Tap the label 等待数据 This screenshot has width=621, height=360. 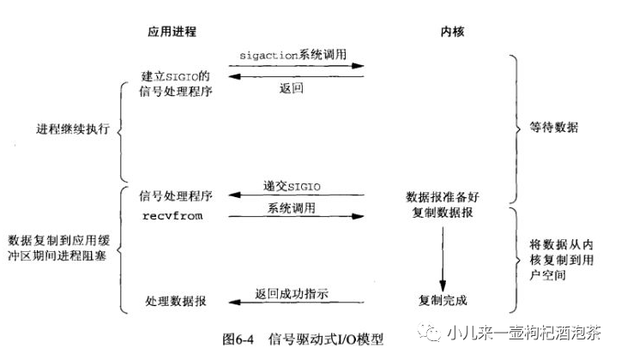[x=554, y=128]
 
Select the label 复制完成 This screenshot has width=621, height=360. [x=443, y=302]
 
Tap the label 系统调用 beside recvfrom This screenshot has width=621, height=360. [x=291, y=208]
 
